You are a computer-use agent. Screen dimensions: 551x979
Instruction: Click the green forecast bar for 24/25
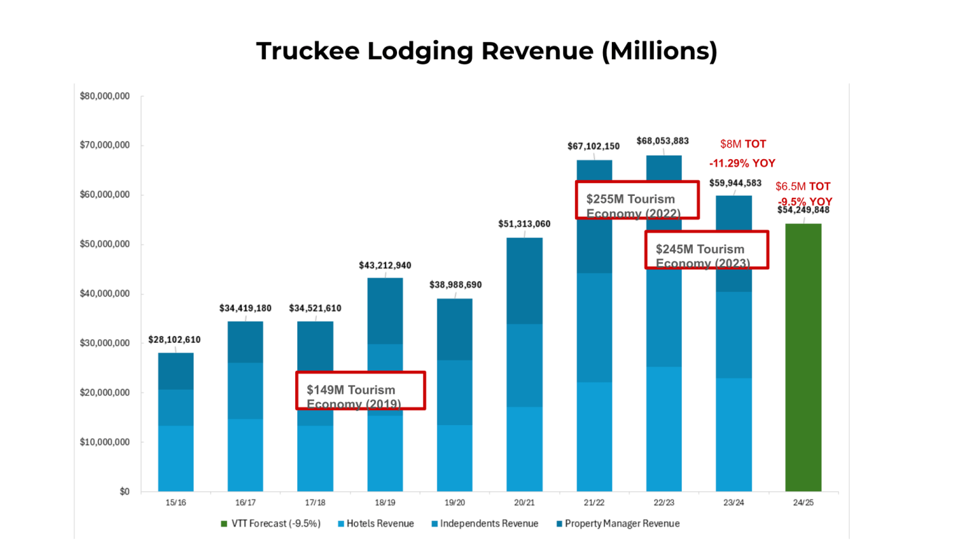pos(803,357)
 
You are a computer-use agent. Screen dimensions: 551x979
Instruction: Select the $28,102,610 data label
pos(175,339)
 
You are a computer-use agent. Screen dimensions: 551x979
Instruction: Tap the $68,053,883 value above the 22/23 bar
pos(662,141)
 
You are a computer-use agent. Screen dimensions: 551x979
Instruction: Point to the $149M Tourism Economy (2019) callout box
pos(360,390)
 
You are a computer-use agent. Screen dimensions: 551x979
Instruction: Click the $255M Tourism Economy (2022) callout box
pos(637,199)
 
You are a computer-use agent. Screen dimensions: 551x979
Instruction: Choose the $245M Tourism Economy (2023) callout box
pos(706,250)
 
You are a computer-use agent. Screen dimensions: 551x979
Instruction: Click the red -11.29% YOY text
pos(742,163)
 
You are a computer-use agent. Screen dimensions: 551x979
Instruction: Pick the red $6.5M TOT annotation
pos(803,186)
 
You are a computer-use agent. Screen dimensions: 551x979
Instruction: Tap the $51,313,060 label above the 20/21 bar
pos(523,224)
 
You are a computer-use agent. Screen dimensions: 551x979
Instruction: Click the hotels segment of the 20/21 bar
pos(524,449)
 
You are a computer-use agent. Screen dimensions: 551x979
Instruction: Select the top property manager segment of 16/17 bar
pos(245,341)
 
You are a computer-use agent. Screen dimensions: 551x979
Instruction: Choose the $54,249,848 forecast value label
pos(803,210)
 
